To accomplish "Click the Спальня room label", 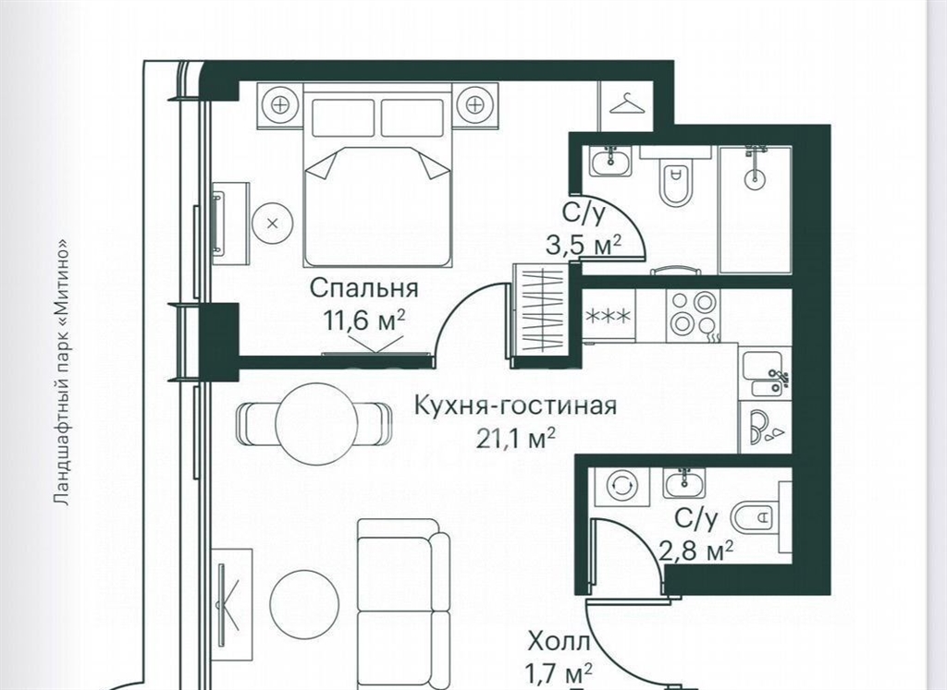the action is (x=363, y=288).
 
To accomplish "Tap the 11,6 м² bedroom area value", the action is (x=364, y=321).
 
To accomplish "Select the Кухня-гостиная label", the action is (x=516, y=406).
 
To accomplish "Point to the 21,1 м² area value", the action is (x=516, y=439).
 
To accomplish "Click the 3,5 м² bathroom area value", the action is (x=583, y=246).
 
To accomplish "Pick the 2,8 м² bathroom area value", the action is (x=695, y=551).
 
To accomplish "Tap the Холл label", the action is (x=559, y=642).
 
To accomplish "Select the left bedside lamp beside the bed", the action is (x=279, y=105).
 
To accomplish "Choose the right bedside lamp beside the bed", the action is (x=476, y=105).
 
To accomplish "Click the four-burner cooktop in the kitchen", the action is (x=692, y=314).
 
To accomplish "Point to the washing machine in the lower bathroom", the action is (x=622, y=486).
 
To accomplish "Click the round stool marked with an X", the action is (x=273, y=224).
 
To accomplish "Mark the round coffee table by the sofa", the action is (x=304, y=601).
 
